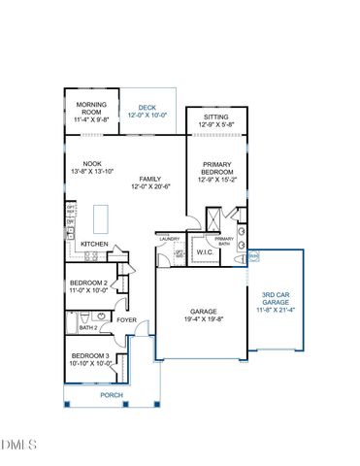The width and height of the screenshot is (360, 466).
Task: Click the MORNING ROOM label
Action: [x=91, y=109]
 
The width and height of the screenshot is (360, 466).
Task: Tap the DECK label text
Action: [x=147, y=107]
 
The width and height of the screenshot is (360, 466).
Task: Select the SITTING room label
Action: [x=215, y=116]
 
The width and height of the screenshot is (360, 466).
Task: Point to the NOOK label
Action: [x=92, y=163]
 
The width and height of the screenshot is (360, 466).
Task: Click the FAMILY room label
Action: [x=149, y=179]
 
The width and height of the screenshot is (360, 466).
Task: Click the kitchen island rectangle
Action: [x=99, y=215]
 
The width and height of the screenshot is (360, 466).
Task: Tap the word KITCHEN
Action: [x=93, y=244]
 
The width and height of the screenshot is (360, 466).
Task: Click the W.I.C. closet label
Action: [x=205, y=253]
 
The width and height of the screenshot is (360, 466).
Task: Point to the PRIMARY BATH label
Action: [x=224, y=241]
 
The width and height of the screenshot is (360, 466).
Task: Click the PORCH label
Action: [x=113, y=396]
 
